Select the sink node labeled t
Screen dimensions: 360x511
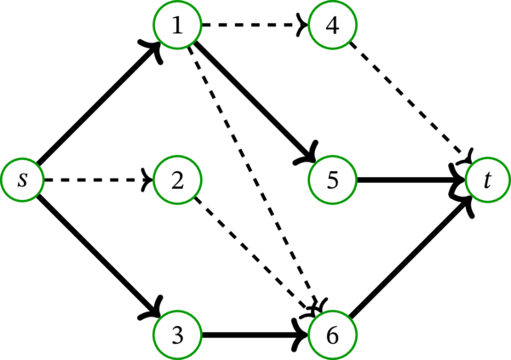[x=487, y=180]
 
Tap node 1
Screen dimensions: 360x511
[x=177, y=26]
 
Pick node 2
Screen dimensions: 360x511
[x=177, y=180]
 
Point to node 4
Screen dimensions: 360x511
[x=332, y=26]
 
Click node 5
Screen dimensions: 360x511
[x=332, y=180]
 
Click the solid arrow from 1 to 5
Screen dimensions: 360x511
[x=255, y=103]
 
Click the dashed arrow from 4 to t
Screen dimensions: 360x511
[x=410, y=103]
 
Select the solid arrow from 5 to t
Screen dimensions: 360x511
[x=410, y=180]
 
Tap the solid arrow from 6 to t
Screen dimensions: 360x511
[x=410, y=256]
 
